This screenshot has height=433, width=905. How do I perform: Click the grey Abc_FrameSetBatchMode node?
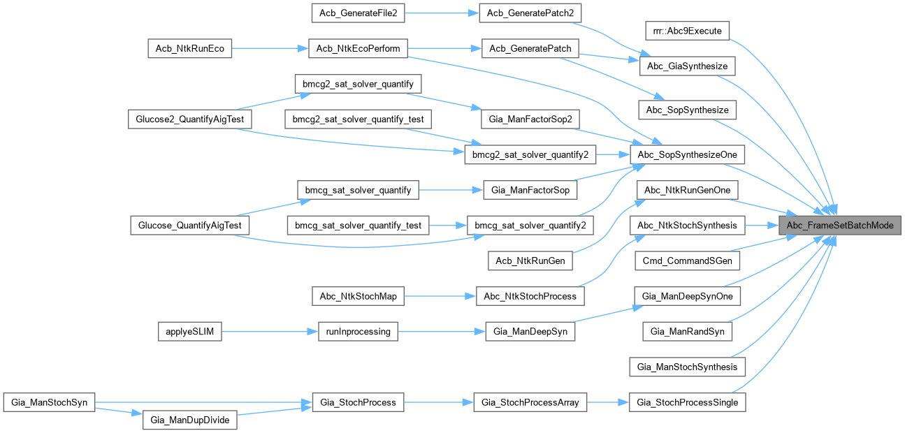(x=839, y=226)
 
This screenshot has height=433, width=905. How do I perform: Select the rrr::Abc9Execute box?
(x=687, y=31)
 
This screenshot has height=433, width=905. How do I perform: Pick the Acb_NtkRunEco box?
(x=189, y=49)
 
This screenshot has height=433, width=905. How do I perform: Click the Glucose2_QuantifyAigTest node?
(x=188, y=119)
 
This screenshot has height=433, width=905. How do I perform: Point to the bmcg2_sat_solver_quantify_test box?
(x=358, y=119)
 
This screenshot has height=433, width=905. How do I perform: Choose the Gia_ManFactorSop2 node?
(x=531, y=119)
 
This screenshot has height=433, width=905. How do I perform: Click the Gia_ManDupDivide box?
(x=189, y=421)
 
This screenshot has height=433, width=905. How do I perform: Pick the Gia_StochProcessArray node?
(x=531, y=402)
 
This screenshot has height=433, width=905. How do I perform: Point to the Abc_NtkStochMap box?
(x=358, y=297)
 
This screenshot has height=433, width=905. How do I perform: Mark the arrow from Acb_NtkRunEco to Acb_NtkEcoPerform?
(x=270, y=49)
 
